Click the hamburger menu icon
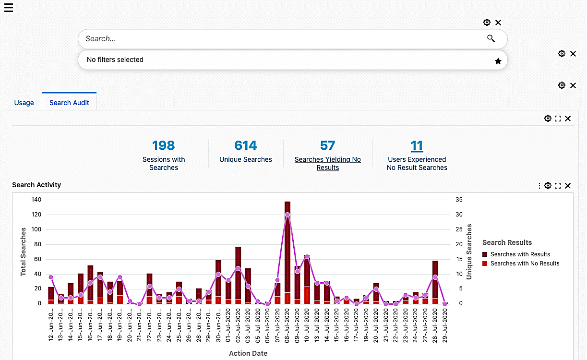coord(9,8)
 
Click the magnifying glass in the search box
coord(491,39)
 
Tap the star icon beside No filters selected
coord(498,61)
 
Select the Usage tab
coord(24,103)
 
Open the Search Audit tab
coord(69,103)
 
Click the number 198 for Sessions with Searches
coord(163,145)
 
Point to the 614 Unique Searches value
coord(245,145)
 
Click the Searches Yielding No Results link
coord(328,163)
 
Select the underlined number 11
coord(417,145)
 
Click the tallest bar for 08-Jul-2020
coord(288,250)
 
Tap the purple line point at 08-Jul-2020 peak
coord(288,215)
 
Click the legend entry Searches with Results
coord(520,254)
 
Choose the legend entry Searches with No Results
coord(525,264)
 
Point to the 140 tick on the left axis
coord(36,200)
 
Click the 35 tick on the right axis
coord(459,200)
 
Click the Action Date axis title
coord(248,353)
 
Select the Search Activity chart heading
coord(36,185)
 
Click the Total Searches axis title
coord(23,252)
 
